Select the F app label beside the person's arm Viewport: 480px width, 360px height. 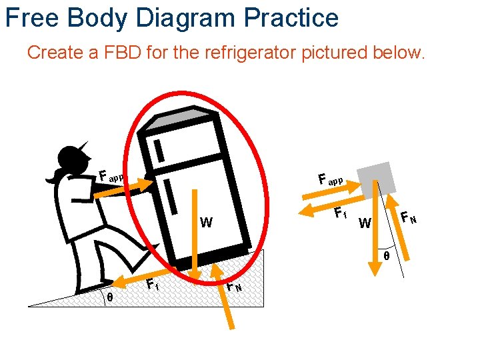tap(111, 177)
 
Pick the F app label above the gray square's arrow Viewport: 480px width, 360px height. tap(330, 179)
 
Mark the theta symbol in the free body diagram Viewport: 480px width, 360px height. tap(387, 255)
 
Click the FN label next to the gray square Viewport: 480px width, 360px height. tap(409, 217)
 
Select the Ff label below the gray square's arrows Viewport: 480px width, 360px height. tap(340, 214)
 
